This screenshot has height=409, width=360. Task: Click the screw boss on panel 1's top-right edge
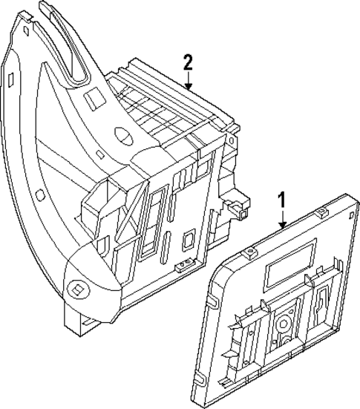coord(320,214)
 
